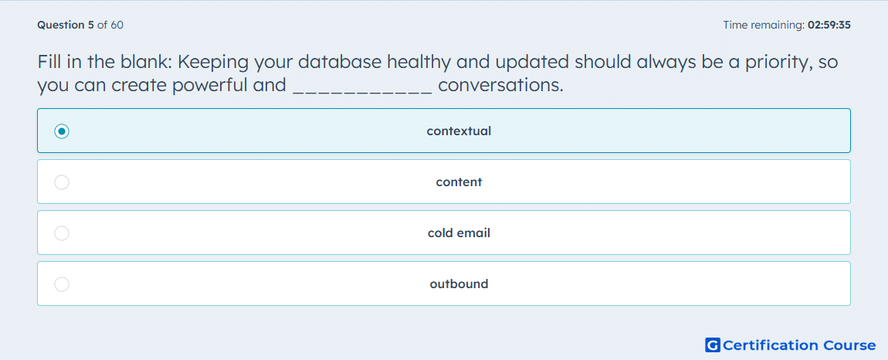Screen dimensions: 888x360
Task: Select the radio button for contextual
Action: [x=62, y=131]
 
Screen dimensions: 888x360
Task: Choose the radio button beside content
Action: [x=62, y=182]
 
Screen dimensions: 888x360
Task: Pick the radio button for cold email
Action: [x=62, y=233]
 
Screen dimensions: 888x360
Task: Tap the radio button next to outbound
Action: [x=62, y=284]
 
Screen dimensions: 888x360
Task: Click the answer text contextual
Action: [x=459, y=131]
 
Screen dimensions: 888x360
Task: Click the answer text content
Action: [x=459, y=182]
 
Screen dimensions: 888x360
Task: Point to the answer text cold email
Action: [x=459, y=233]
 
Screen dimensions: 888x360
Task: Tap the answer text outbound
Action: [x=459, y=284]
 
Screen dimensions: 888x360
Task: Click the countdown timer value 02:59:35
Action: [x=829, y=25]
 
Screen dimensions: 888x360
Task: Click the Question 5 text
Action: [x=66, y=25]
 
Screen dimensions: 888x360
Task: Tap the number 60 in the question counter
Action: [x=117, y=25]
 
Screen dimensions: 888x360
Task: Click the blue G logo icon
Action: [x=713, y=345]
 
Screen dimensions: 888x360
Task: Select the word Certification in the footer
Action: [x=771, y=345]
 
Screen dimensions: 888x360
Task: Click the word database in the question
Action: [x=340, y=62]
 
